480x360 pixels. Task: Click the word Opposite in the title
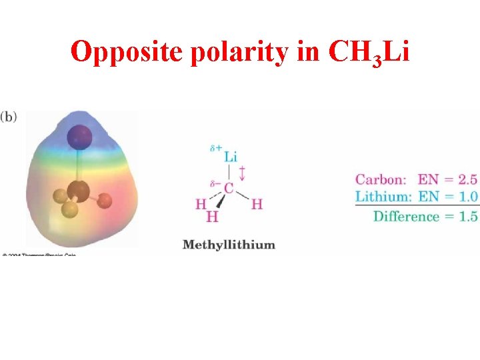127,52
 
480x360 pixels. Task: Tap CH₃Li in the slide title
369,52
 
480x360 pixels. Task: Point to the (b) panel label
9,116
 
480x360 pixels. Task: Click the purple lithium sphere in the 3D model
79,137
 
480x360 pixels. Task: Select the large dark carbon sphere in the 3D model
78,191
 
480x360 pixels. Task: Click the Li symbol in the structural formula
230,157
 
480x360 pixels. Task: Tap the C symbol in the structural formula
229,189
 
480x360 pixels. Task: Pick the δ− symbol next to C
215,183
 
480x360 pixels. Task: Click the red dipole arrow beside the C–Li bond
242,173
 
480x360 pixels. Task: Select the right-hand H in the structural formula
257,204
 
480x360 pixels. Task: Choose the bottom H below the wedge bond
212,217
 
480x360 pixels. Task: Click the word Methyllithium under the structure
229,245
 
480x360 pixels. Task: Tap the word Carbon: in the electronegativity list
380,179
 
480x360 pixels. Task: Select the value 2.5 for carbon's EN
468,179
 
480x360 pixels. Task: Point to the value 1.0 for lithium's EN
468,196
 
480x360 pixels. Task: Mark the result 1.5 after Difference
468,216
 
